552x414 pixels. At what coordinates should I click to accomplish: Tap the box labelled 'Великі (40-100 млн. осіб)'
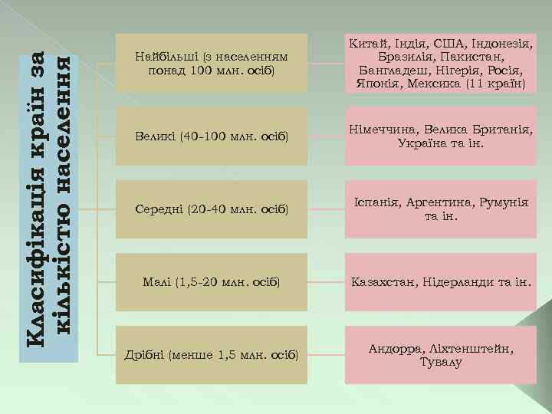click(x=211, y=136)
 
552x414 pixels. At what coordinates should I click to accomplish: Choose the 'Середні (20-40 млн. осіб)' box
click(x=211, y=209)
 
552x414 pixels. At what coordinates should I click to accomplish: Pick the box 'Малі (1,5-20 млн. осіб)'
click(x=211, y=281)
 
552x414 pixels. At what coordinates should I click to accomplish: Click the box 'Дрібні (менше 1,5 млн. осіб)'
click(x=211, y=354)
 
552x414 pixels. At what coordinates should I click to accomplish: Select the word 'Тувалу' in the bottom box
click(x=440, y=361)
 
